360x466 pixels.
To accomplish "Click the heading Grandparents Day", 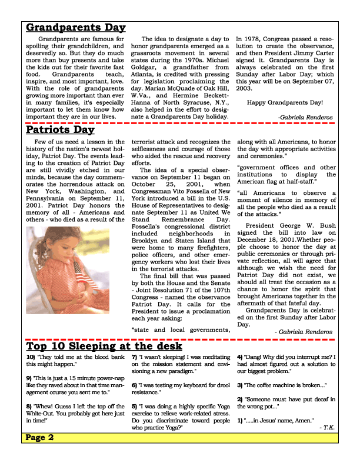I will [75, 28].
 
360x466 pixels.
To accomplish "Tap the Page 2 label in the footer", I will [40, 438].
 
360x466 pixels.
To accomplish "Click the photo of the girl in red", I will [68, 270].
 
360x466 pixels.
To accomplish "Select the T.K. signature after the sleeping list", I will [327, 428].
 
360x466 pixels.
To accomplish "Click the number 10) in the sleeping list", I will [30, 357].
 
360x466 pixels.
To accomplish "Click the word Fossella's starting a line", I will [147, 225].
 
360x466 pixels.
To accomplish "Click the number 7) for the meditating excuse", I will [135, 357].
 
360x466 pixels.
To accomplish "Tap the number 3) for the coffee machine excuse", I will [241, 385].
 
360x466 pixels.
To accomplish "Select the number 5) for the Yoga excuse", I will [135, 406].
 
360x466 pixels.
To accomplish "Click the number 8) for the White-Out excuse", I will [29, 406].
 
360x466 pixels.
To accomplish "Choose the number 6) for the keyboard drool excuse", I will [135, 385].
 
